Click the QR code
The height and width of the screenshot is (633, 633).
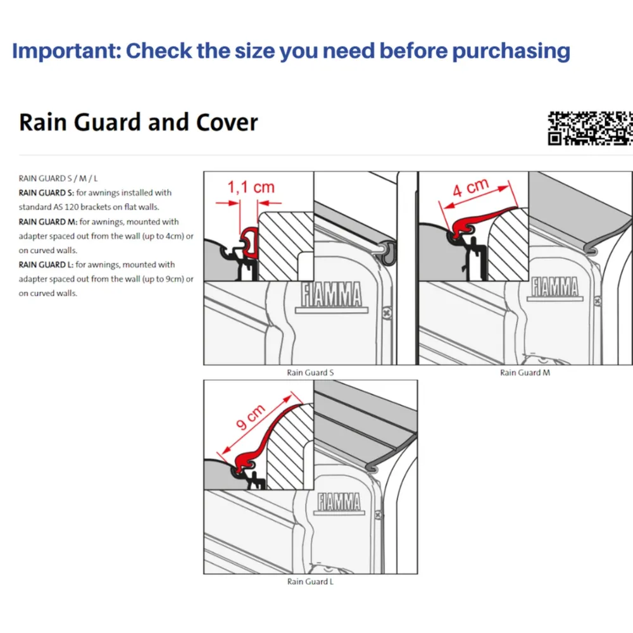590,128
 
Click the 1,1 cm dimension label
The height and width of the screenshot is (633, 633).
251,187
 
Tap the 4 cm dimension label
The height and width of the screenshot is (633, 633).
470,187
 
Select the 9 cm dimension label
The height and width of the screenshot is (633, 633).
250,417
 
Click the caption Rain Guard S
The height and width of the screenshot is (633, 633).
310,373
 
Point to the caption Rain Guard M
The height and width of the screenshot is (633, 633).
525,373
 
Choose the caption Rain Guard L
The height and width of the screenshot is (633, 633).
310,581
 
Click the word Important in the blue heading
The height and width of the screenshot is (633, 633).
66,51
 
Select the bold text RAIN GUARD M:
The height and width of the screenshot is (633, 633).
48,222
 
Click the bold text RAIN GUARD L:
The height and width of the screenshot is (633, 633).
46,265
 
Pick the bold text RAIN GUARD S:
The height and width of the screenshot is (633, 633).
46,192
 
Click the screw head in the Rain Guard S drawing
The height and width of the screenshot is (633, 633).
386,313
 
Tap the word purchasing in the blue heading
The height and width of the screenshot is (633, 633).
511,52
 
